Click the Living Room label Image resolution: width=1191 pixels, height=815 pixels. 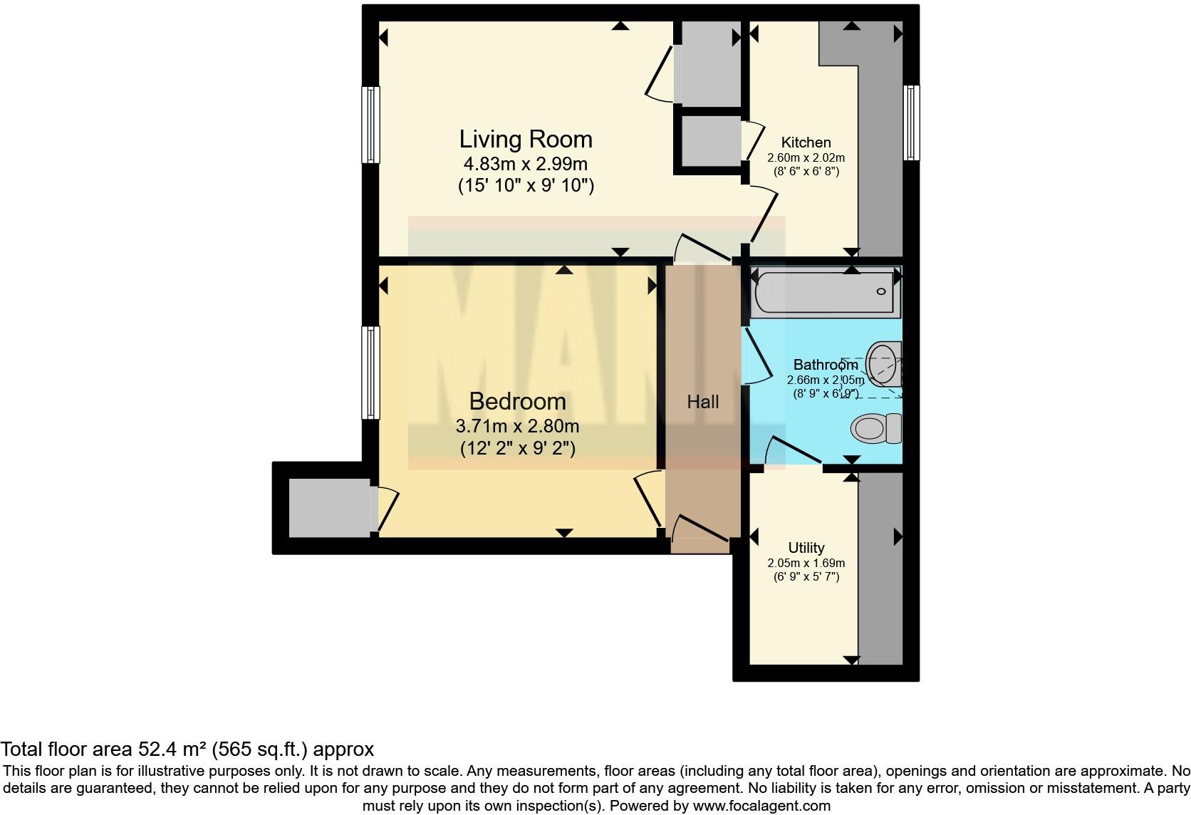point(525,139)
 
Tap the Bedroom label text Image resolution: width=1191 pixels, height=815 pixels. point(517,401)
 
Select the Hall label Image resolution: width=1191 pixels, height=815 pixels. point(702,402)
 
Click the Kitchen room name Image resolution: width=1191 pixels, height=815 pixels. point(806,142)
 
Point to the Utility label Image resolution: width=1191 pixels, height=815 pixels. point(806,547)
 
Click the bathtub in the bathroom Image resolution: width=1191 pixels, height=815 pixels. point(824,293)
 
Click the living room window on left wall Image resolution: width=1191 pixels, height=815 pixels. point(370,125)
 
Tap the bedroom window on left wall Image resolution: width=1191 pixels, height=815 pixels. point(370,372)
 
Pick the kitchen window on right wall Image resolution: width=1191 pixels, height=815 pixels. point(911,122)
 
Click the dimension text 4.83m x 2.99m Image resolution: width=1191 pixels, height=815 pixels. point(525,165)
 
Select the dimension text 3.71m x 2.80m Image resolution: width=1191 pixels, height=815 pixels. point(517,427)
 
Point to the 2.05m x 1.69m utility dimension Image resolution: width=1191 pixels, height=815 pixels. point(806,563)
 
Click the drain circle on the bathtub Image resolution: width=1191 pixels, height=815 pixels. point(881,291)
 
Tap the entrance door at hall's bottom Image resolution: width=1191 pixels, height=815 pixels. point(700,536)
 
